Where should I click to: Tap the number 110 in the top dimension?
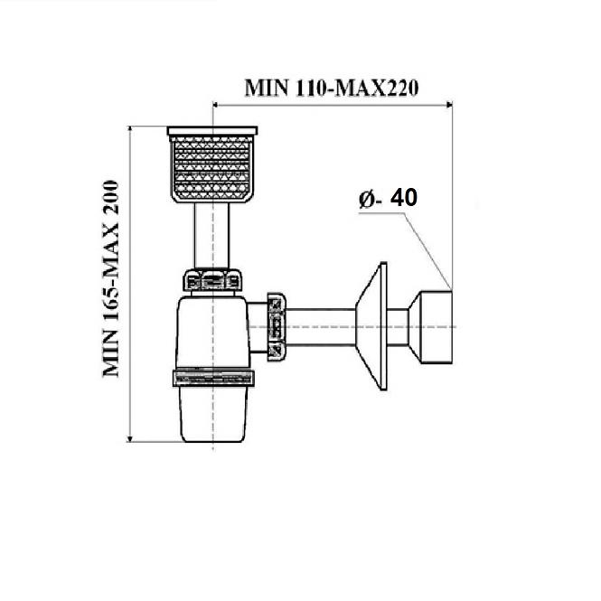tap(311, 89)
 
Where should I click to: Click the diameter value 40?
tap(404, 198)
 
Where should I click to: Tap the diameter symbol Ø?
tap(367, 199)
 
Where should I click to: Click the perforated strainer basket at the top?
tap(212, 164)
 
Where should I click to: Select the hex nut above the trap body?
tap(212, 280)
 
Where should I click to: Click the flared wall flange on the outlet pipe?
tap(371, 326)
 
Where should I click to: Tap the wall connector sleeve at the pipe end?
tap(430, 327)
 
